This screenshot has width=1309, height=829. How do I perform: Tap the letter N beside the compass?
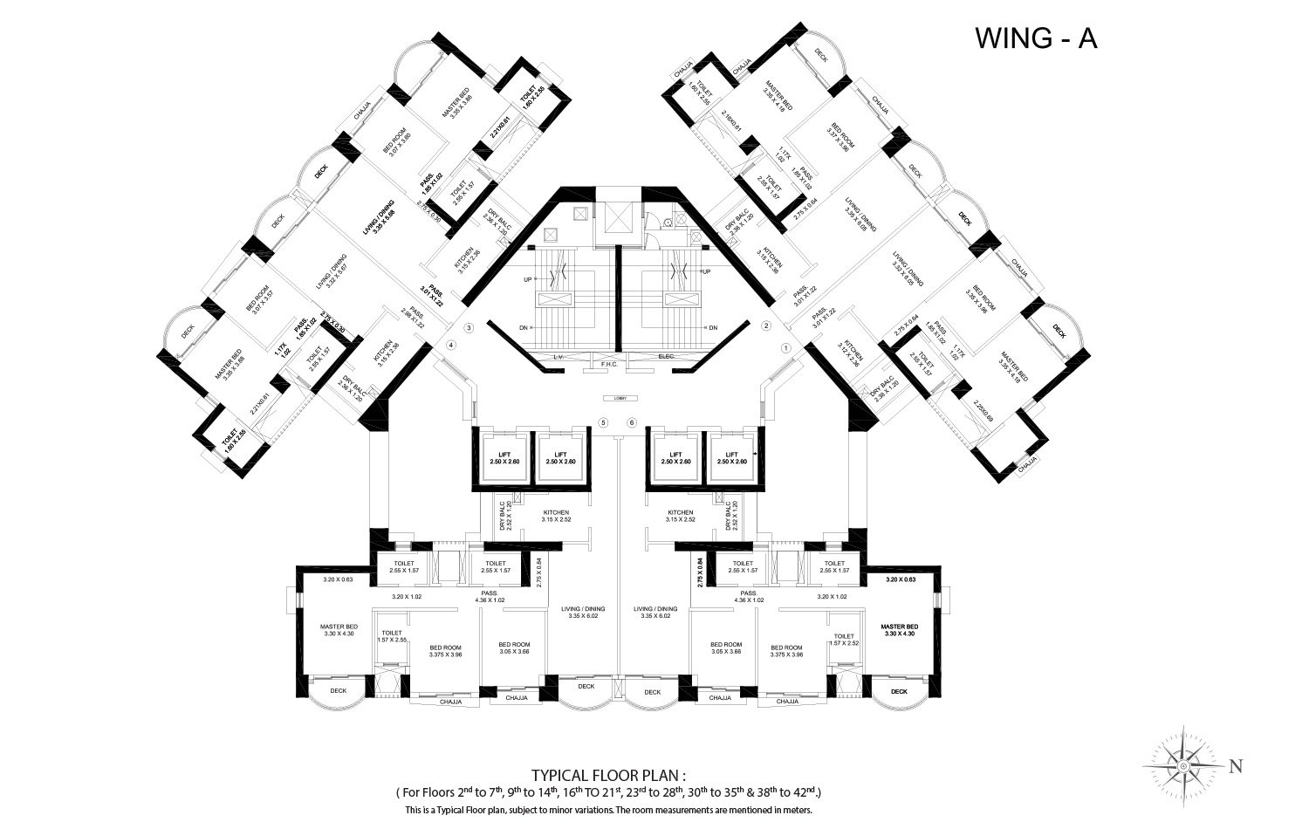[x=1235, y=767]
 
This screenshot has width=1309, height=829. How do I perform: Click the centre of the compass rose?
[x=1182, y=765]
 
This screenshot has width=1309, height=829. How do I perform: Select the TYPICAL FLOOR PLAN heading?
[x=609, y=775]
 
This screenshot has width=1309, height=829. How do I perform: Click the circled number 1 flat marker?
[x=785, y=347]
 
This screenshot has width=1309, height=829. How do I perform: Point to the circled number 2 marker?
[x=765, y=325]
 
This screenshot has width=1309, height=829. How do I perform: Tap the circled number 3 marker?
[x=469, y=328]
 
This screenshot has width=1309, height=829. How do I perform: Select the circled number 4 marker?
[x=451, y=346]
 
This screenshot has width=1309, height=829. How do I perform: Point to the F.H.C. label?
[x=609, y=365]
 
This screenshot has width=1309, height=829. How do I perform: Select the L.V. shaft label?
[x=559, y=358]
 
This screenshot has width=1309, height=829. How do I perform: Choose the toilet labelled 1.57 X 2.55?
[x=391, y=637]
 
